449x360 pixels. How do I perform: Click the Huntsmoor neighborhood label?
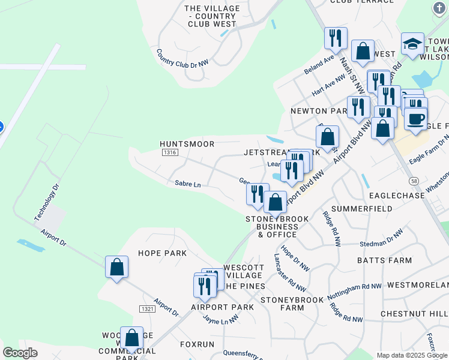187,144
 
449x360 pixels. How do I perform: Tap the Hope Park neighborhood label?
162,253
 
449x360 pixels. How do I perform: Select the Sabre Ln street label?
187,184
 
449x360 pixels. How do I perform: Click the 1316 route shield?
169,154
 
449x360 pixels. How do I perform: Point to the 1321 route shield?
147,308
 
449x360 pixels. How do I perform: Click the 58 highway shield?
414,181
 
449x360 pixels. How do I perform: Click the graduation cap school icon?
412,44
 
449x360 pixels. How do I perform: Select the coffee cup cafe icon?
415,118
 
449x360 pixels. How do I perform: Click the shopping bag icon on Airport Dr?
117,267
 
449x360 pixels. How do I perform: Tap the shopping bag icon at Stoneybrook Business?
276,202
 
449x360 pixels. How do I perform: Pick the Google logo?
20,353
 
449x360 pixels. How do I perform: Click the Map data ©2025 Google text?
411,355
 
